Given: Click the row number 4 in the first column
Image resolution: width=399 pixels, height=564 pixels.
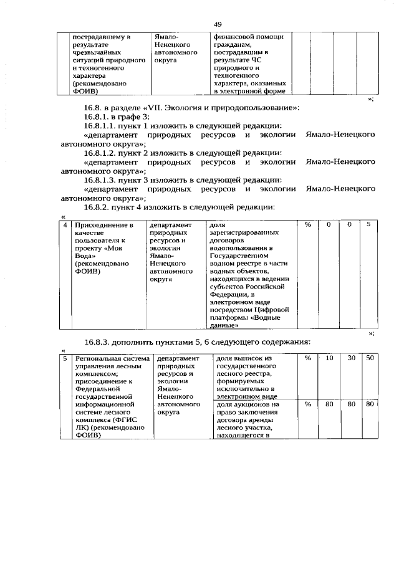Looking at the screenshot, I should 65,224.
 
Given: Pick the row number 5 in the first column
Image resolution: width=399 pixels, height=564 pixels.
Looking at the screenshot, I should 65,359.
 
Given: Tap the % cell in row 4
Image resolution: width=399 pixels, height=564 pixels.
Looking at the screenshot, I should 307,224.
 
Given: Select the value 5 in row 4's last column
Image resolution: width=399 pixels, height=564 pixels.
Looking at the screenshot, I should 369,224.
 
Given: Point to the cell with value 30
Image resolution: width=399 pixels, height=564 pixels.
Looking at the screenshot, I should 351,358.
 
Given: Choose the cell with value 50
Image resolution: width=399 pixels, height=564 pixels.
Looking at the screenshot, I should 370,358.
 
